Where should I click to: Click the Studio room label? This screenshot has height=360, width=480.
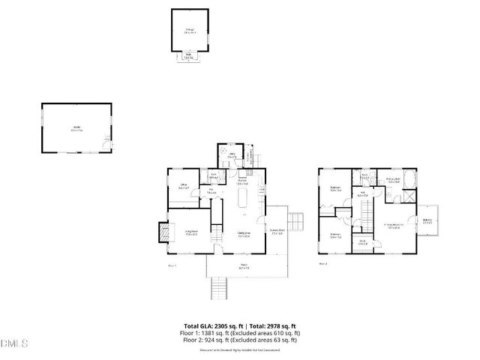coord(76,130)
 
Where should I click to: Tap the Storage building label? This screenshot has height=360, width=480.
coord(190,31)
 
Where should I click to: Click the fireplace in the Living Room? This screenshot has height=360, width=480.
coord(163,234)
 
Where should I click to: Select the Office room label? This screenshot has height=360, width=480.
coord(183,185)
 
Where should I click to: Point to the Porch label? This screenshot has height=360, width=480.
coord(244,265)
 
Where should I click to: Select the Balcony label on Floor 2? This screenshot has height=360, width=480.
coord(427,220)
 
